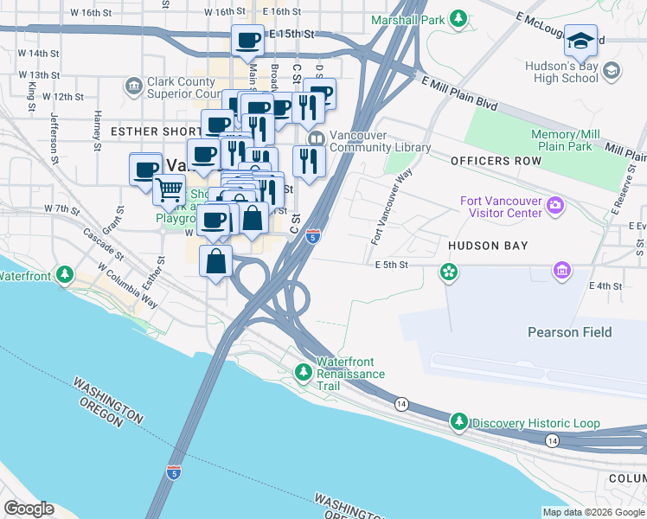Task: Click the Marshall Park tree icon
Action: pyautogui.click(x=460, y=18)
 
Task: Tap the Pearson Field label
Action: pyautogui.click(x=569, y=332)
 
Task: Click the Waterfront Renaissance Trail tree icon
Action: pyautogui.click(x=303, y=373)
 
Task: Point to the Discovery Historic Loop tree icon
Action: pyautogui.click(x=459, y=422)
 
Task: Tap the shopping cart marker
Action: pyautogui.click(x=170, y=188)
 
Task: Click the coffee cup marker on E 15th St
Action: pyautogui.click(x=248, y=39)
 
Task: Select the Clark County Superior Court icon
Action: pyautogui.click(x=133, y=86)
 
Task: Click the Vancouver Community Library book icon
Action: pyautogui.click(x=317, y=138)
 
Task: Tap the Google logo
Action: pyautogui.click(x=29, y=509)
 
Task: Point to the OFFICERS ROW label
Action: pyautogui.click(x=490, y=162)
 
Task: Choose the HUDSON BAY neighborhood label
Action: pyautogui.click(x=488, y=246)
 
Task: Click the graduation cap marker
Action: pyautogui.click(x=580, y=40)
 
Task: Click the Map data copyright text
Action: pyautogui.click(x=593, y=511)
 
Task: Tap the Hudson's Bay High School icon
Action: pyautogui.click(x=612, y=70)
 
